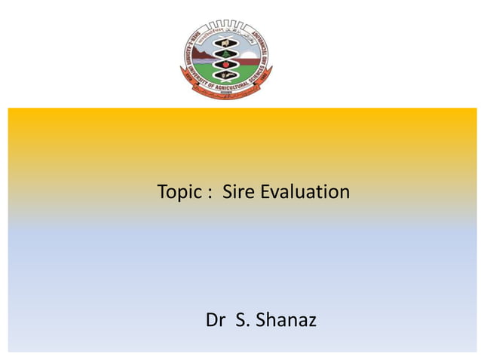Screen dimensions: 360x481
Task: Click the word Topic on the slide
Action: [x=176, y=193]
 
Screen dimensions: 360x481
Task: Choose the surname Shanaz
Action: [x=286, y=321]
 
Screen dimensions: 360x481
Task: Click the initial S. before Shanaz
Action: [x=243, y=321]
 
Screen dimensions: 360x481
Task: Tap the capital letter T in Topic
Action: [x=162, y=192]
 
